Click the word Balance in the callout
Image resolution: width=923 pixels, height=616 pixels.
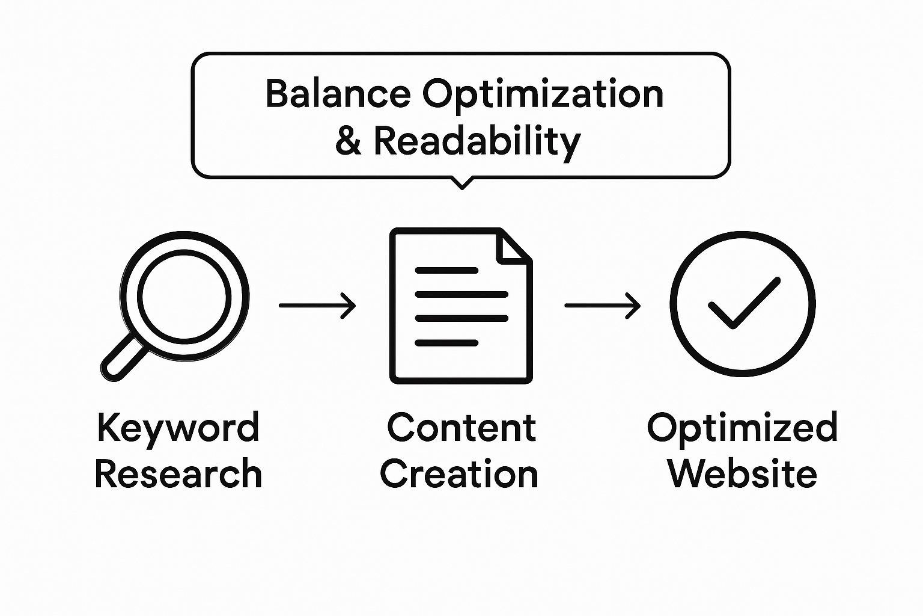pyautogui.click(x=338, y=94)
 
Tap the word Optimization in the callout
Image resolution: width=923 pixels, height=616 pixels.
pyautogui.click(x=543, y=95)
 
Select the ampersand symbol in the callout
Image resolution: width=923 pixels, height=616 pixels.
pyautogui.click(x=348, y=141)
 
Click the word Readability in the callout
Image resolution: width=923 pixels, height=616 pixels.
pyautogui.click(x=477, y=142)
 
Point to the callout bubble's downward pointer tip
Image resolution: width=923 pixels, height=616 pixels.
pyautogui.click(x=461, y=187)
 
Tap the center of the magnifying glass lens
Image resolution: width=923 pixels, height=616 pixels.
pyautogui.click(x=184, y=296)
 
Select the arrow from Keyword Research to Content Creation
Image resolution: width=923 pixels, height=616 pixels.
pyautogui.click(x=317, y=306)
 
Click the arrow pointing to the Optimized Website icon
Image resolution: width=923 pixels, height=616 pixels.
pyautogui.click(x=602, y=306)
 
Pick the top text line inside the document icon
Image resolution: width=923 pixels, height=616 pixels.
pyautogui.click(x=446, y=271)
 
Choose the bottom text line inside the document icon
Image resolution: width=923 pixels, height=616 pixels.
pyautogui.click(x=446, y=343)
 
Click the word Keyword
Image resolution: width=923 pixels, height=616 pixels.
pyautogui.click(x=178, y=428)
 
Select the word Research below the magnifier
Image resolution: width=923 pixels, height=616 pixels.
pyautogui.click(x=178, y=474)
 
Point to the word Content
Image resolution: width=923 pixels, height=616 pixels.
pyautogui.click(x=461, y=428)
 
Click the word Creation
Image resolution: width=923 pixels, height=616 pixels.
pyautogui.click(x=460, y=474)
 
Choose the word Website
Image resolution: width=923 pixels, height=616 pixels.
pyautogui.click(x=742, y=474)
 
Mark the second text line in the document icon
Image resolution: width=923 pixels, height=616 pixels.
pyautogui.click(x=461, y=295)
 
